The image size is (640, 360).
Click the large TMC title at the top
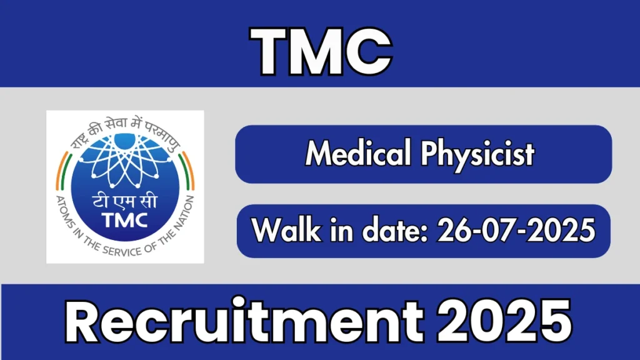(321, 51)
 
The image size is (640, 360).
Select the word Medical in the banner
(358, 152)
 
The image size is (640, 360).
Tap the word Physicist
(477, 154)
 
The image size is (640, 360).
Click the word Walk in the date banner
(286, 230)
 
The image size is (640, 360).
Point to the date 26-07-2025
(516, 230)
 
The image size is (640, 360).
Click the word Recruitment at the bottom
(244, 322)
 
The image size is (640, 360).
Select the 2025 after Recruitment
(504, 322)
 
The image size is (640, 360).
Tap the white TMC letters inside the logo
(125, 221)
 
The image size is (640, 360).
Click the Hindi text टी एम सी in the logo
(124, 201)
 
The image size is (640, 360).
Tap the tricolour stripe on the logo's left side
(63, 171)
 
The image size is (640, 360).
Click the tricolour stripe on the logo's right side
(187, 171)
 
